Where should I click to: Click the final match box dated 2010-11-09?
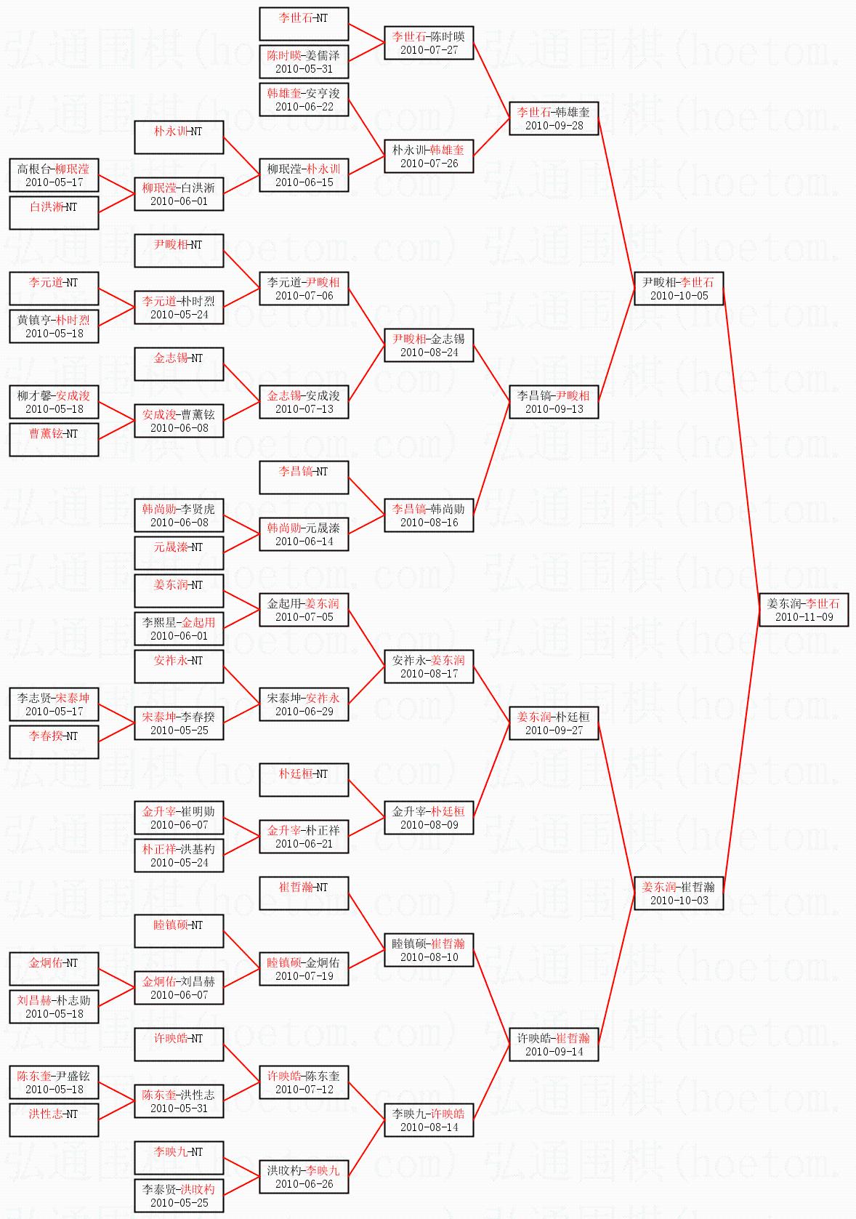coord(804,610)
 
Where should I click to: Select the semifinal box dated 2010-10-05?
coord(679,289)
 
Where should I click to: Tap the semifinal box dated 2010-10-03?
coord(679,893)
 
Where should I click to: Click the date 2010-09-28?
coord(554,126)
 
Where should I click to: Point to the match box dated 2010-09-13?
coord(554,402)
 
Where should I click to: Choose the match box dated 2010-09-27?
coord(554,723)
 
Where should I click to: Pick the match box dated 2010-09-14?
coord(554,1045)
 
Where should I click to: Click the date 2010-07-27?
coord(429,50)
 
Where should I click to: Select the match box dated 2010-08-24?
coord(429,345)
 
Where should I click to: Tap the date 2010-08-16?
coord(429,523)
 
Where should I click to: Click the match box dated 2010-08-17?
coord(429,667)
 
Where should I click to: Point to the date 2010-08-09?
coord(429,825)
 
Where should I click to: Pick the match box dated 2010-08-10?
coord(429,950)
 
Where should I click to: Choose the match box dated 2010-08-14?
coord(429,1120)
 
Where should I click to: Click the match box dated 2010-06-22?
coord(304,100)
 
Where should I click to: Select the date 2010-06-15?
coord(304,182)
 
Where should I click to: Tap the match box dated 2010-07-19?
coord(304,969)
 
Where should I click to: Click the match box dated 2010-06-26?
coord(304,1177)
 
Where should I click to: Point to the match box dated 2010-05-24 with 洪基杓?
coord(179,856)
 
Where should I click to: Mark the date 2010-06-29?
coord(304,712)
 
